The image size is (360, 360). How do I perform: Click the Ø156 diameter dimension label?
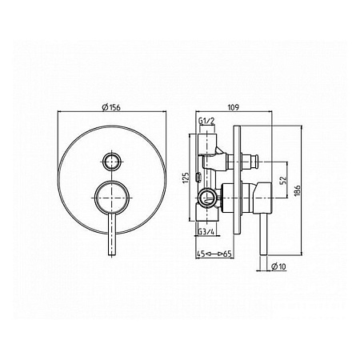111,107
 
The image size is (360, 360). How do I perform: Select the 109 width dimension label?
234,107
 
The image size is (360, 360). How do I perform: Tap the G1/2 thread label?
206,122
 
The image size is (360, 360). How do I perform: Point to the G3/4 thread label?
206,232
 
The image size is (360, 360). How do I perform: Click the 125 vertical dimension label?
186,178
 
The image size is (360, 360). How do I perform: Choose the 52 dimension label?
283,179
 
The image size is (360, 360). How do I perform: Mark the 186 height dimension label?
298,190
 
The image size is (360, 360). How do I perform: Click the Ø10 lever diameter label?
278,266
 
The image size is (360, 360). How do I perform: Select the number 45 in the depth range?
201,254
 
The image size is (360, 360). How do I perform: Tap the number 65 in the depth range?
227,254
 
